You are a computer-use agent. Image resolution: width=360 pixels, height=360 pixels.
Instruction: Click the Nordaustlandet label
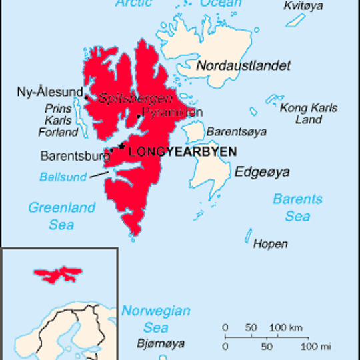pyautogui.click(x=243, y=65)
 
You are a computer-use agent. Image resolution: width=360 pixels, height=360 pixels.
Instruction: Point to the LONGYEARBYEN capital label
pyautogui.click(x=182, y=152)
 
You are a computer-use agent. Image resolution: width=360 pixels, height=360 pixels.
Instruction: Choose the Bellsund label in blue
pyautogui.click(x=63, y=177)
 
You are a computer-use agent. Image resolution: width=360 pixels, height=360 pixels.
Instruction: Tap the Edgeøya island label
pyautogui.click(x=263, y=172)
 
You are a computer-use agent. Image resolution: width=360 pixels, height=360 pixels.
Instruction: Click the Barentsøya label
pyautogui.click(x=234, y=131)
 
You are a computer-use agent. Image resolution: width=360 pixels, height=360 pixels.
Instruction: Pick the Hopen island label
pyautogui.click(x=270, y=244)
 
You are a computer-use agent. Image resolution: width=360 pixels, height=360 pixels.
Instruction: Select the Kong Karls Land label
pyautogui.click(x=308, y=114)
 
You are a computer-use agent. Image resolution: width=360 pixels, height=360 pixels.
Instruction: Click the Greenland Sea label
pyautogui.click(x=61, y=216)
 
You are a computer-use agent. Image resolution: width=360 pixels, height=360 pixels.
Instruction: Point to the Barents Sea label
pyautogui.click(x=297, y=207)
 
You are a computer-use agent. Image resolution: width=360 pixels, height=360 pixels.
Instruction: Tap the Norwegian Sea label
pyautogui.click(x=155, y=319)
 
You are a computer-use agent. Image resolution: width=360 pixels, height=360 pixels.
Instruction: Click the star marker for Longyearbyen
pyautogui.click(x=122, y=146)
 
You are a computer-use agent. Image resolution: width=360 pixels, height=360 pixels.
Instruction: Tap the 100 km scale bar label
pyautogui.click(x=287, y=328)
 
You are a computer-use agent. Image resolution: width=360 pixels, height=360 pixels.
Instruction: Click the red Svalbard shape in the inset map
pyautogui.click(x=59, y=273)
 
